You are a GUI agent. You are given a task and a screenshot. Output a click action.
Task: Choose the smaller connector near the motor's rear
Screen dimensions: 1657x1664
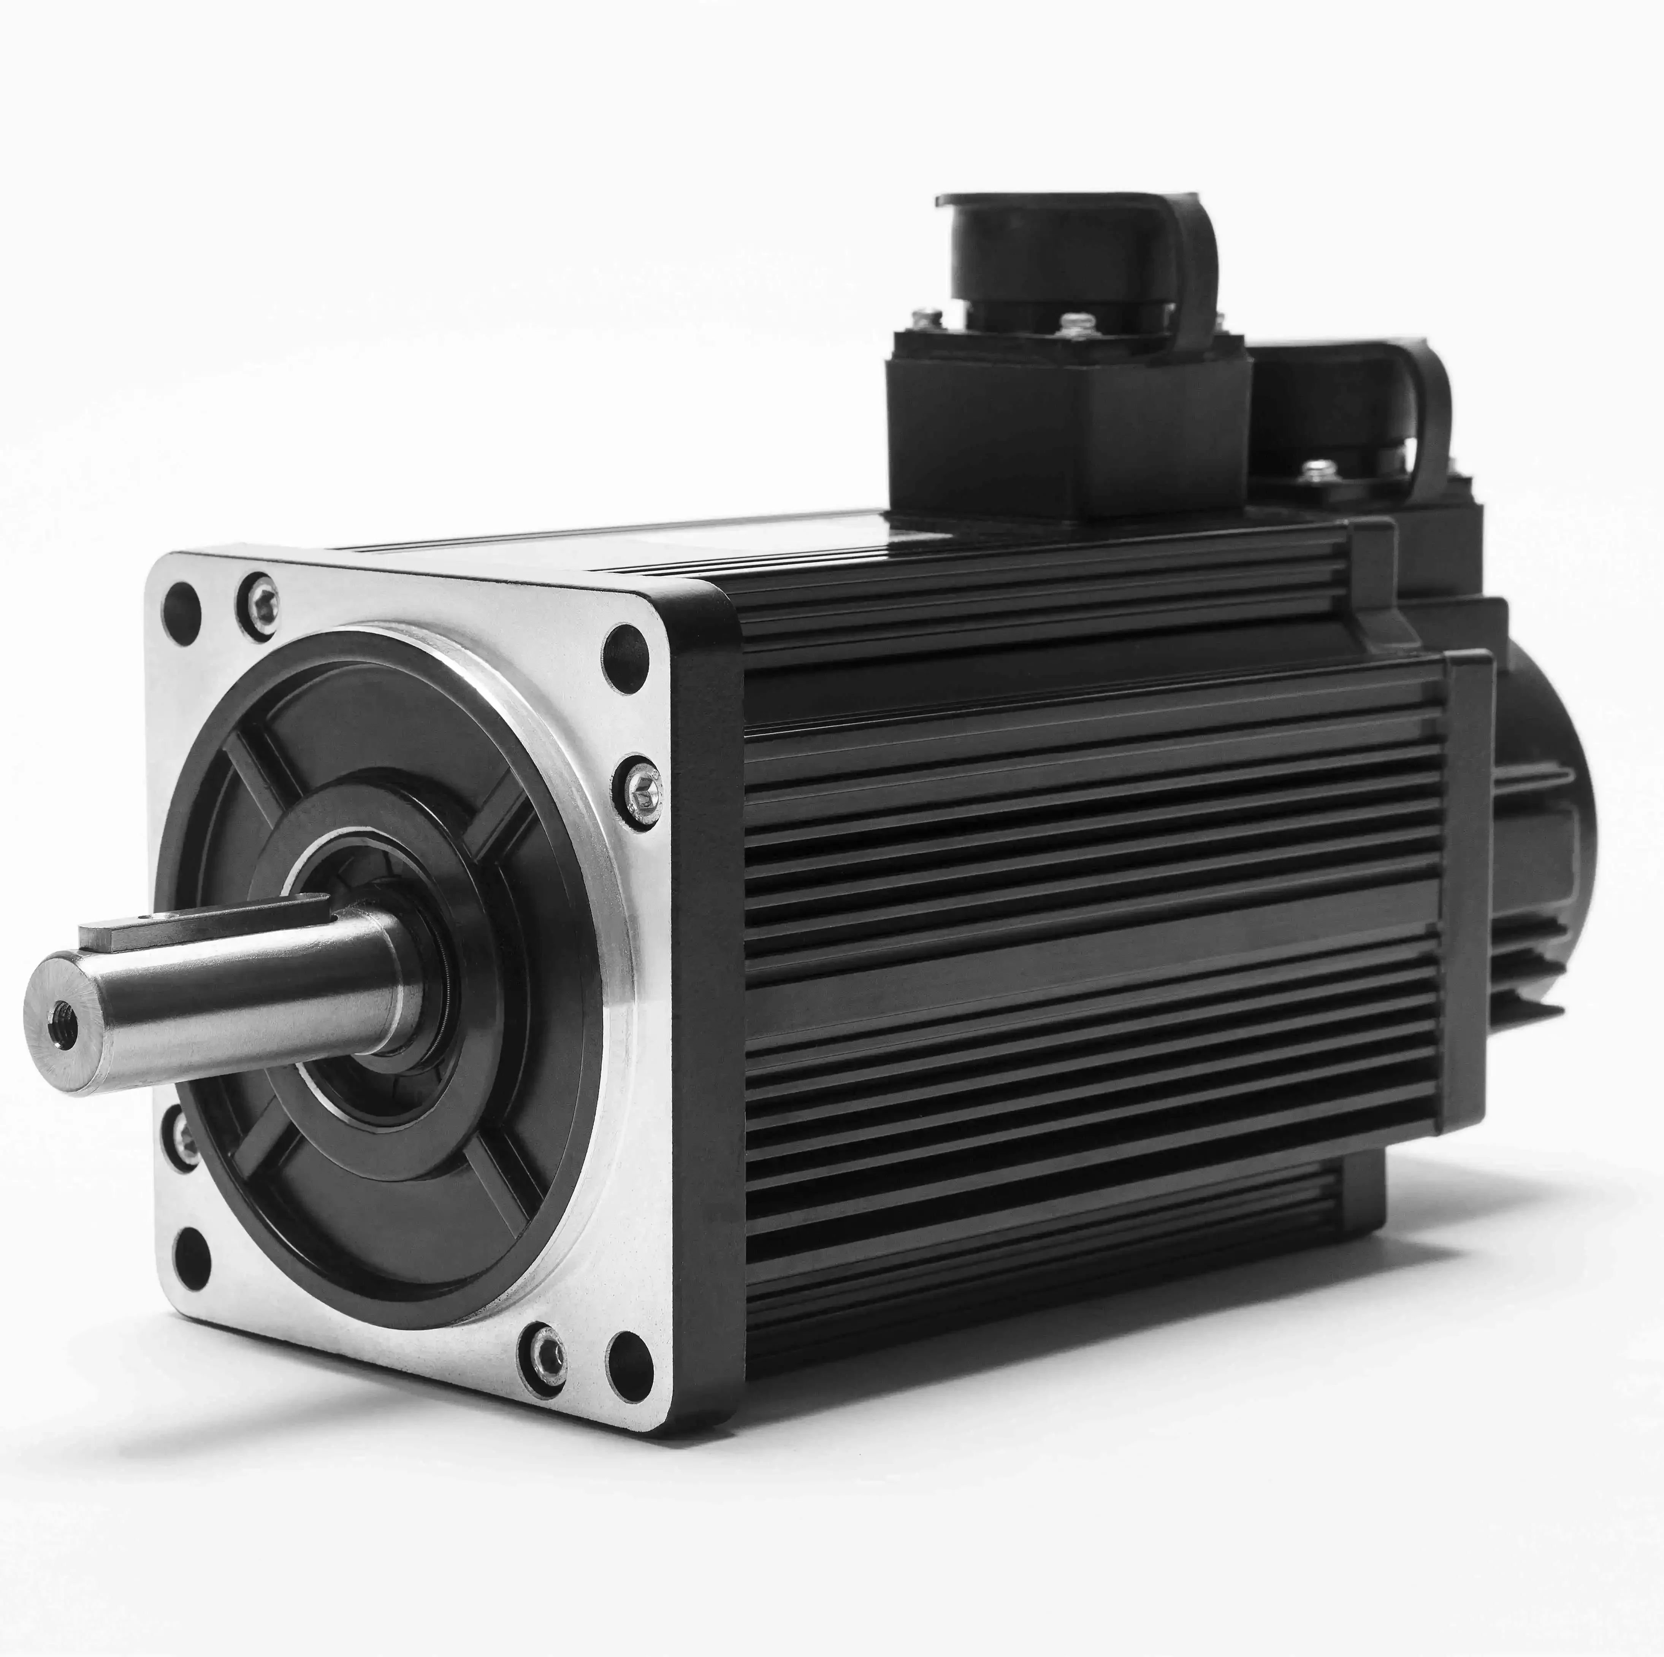click(1352, 422)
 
